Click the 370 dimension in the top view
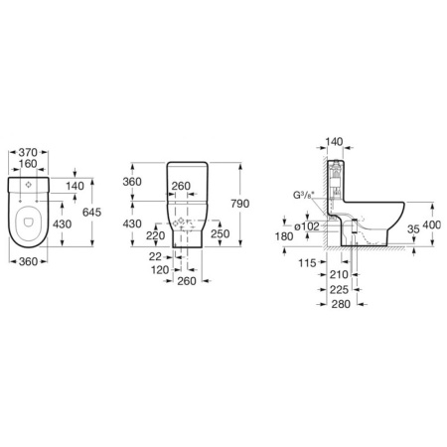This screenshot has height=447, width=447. click(x=28, y=152)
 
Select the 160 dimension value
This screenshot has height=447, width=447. click(x=28, y=164)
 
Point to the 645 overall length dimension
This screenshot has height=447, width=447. click(x=91, y=213)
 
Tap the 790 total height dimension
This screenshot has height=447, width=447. click(x=240, y=204)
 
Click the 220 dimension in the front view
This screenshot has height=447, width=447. click(x=156, y=235)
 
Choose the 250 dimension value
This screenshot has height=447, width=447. click(x=221, y=233)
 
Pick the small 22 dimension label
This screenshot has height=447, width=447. click(x=155, y=256)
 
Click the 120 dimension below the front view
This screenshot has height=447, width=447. click(x=160, y=270)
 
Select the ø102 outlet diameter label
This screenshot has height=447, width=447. click(x=307, y=226)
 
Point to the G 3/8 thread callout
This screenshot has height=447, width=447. click(x=304, y=195)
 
